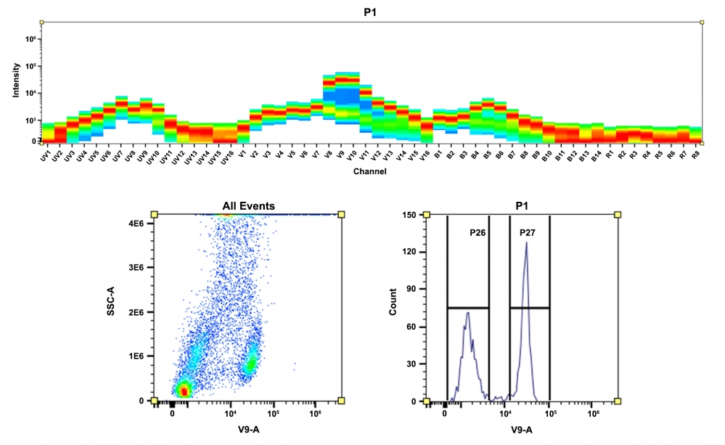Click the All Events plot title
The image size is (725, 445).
(247, 206)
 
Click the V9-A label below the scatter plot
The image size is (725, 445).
(247, 428)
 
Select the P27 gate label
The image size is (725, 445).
(528, 232)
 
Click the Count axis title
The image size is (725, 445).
(393, 308)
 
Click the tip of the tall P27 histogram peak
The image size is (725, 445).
(526, 243)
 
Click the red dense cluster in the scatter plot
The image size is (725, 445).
(184, 391)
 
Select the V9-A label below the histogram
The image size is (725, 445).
(522, 428)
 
